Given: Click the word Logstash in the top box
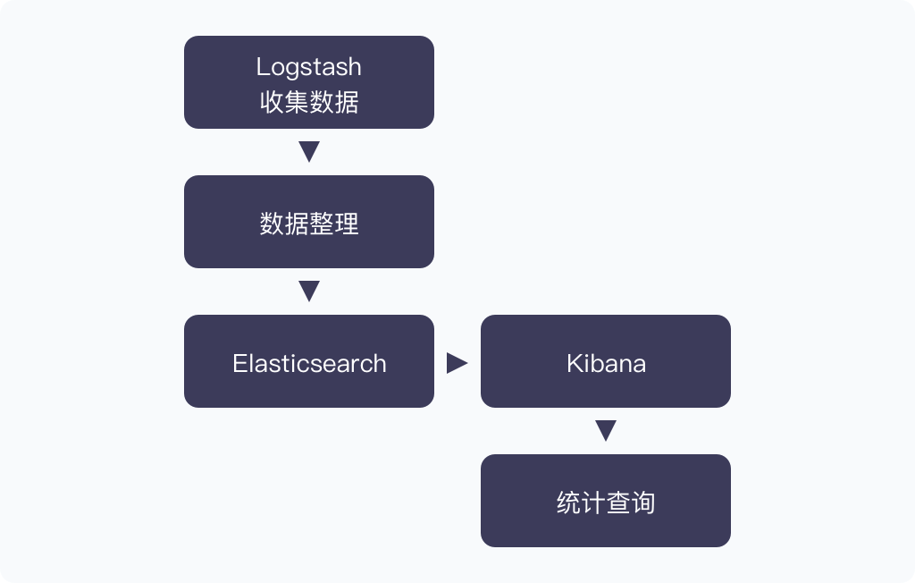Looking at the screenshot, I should coord(308,67).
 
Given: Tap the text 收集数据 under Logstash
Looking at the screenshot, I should coord(308,102).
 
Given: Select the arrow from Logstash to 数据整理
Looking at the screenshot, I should coord(309,151).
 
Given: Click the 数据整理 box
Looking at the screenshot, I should coord(309,223).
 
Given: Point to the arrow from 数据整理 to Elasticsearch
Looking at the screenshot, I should coord(309,291).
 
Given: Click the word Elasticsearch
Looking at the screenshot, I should coord(309,364).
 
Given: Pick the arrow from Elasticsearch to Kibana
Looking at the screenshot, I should coord(457,362).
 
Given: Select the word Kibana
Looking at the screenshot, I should coord(606,364).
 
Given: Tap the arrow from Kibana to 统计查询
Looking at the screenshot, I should coord(606,430).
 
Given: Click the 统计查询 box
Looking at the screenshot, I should coord(606,502).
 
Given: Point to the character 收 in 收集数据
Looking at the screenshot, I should coord(272,102).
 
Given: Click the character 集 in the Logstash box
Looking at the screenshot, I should coord(297,102).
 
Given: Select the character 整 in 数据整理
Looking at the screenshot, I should coord(322,223).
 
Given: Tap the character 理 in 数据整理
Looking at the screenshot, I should coord(347,223).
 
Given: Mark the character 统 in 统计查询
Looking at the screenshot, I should coord(568,503).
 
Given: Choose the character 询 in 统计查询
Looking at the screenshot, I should coord(643,503).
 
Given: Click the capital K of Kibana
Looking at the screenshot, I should coord(574,364).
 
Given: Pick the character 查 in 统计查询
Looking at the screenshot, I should coord(618,503).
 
